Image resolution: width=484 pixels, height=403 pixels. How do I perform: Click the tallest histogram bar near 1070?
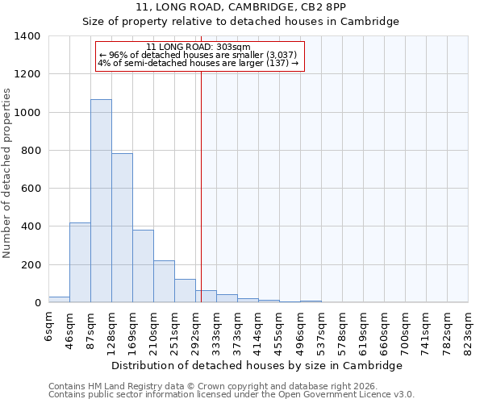pos(101,201)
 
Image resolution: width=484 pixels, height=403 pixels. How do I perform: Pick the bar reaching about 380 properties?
pos(143,266)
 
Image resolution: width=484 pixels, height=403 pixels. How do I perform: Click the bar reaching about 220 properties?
pos(164,281)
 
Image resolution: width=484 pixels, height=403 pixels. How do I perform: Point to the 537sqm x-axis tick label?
pos(321,329)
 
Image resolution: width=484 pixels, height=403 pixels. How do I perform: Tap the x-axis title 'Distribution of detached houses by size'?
pos(257,365)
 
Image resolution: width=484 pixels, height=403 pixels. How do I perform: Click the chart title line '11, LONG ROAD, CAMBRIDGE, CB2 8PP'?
pos(241,7)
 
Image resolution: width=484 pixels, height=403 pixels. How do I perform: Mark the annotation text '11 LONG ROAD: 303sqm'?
pos(199,48)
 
